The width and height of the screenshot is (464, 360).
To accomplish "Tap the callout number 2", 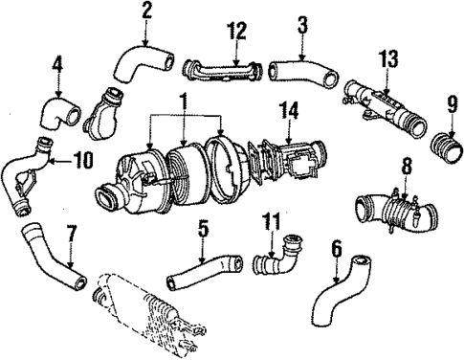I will [146, 11].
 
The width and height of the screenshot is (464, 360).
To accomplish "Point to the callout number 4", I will [57, 68].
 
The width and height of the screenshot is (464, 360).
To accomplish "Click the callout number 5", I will [203, 229].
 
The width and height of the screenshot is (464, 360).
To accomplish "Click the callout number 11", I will [272, 222].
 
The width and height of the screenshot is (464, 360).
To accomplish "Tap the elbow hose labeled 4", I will [55, 112].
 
